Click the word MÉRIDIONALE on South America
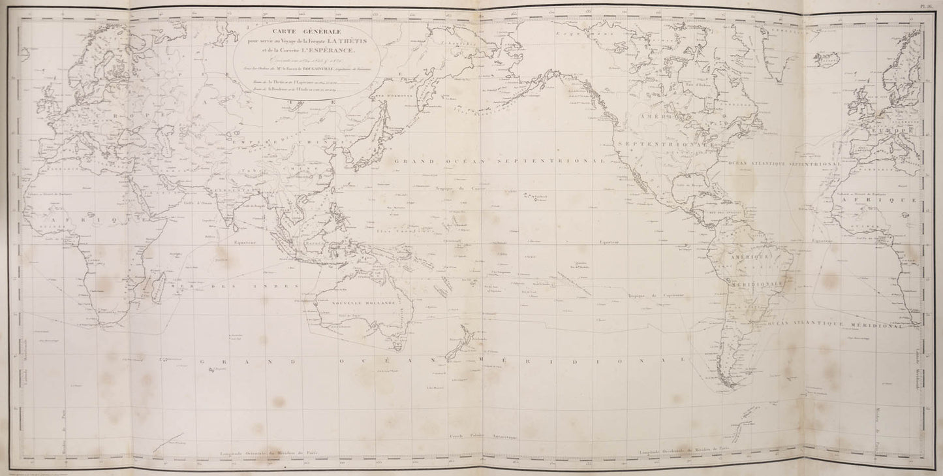click(x=760, y=285)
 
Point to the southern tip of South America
click(x=726, y=386)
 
